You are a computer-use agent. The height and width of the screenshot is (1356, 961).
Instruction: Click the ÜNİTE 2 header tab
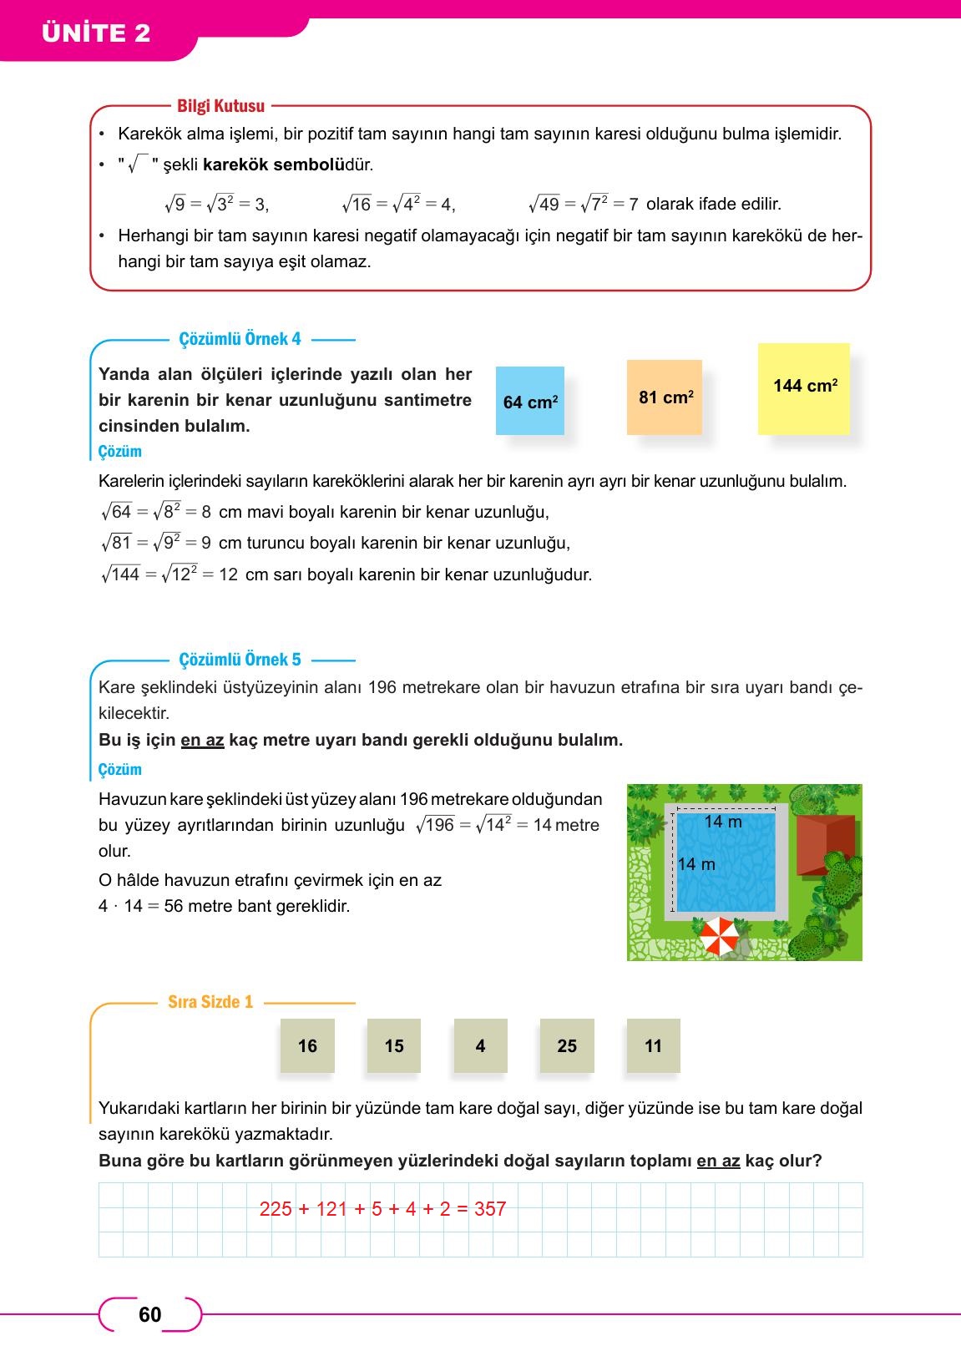point(96,33)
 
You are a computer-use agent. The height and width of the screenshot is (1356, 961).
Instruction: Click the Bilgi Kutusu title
point(220,106)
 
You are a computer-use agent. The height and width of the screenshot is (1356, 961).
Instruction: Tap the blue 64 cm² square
point(530,402)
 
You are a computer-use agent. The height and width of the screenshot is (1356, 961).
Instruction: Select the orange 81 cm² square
point(665,397)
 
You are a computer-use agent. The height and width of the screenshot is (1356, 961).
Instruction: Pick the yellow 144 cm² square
point(804,388)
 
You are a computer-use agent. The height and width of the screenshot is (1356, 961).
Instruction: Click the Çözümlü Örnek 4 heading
point(240,339)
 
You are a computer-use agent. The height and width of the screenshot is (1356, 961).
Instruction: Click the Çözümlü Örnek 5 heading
point(240,660)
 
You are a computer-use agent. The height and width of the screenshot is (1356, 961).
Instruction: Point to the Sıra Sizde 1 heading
point(210,1002)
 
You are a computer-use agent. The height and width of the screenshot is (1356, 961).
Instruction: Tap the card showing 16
point(307,1045)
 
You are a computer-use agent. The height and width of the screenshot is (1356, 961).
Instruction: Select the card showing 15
point(394,1045)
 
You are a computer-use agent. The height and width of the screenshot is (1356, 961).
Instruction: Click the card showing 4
point(480,1045)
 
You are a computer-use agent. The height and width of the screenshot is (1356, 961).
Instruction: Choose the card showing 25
point(567,1045)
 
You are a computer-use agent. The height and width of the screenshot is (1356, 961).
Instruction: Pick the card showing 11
point(653,1045)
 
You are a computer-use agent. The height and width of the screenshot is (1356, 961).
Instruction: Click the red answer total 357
point(490,1209)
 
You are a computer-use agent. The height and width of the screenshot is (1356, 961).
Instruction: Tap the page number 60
point(150,1315)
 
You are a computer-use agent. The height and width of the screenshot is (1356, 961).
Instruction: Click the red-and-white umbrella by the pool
point(718,935)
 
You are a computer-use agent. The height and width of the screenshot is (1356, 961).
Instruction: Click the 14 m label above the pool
point(723,822)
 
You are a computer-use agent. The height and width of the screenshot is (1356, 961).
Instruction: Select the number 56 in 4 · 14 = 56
point(174,906)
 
